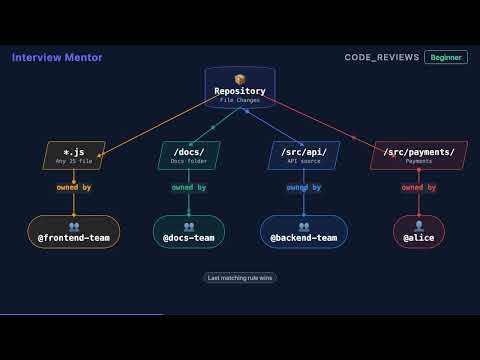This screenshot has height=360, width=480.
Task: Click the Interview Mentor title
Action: coord(57,57)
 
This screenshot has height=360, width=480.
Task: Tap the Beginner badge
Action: coord(445,57)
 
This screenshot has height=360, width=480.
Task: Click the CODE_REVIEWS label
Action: coord(381,57)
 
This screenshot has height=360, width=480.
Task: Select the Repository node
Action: coord(240,88)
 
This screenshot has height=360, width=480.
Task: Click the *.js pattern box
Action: coord(74,155)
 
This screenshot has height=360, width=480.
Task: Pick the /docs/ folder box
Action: coord(189,155)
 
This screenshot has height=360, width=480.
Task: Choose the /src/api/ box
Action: coord(304,155)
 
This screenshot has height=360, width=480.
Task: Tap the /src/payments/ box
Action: coord(419,155)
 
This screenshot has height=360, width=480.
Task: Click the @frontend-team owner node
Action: coord(74,232)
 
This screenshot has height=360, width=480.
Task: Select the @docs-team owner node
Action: coord(189,232)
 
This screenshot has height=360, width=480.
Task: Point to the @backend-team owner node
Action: coord(304,232)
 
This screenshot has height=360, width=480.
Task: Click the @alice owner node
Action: coord(419,232)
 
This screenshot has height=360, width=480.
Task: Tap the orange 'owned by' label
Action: coord(74,187)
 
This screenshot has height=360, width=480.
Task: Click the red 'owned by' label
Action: coord(419,187)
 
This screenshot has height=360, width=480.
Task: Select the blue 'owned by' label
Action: coord(304,187)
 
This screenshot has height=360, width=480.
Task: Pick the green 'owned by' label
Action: coord(189,187)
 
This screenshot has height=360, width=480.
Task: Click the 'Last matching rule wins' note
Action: coord(240,278)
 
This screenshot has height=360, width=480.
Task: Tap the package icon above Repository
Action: coord(240,79)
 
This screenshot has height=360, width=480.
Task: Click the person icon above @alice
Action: coord(419,226)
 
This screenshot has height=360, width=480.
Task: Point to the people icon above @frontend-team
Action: coord(74,226)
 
